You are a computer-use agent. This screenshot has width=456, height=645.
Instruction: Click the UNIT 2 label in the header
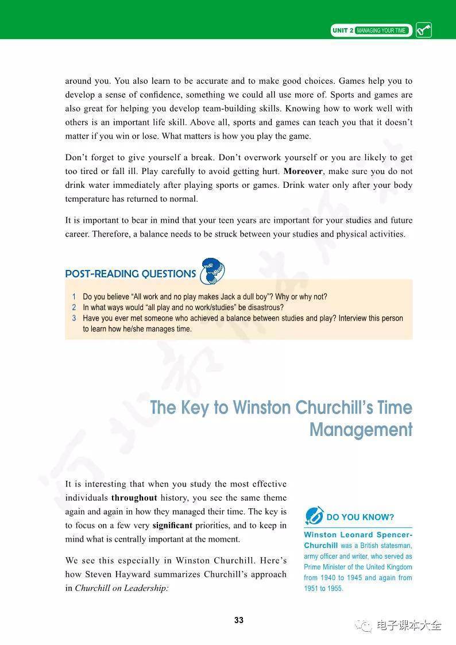(342, 30)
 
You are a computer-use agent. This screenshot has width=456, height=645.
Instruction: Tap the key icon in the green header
(423, 30)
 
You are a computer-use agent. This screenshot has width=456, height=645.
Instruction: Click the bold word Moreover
(303, 171)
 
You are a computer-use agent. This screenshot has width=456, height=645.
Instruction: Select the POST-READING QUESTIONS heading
(130, 274)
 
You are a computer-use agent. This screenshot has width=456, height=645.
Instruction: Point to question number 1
(74, 297)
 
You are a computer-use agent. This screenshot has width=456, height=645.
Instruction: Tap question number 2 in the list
(74, 307)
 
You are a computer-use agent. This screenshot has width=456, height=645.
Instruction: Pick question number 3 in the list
(74, 318)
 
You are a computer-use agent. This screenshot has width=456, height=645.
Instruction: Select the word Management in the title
(361, 430)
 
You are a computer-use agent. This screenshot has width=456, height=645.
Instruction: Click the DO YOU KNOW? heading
(360, 517)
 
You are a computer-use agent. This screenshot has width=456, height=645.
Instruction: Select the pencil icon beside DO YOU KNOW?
(314, 516)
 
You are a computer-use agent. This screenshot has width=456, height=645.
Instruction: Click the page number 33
(239, 620)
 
